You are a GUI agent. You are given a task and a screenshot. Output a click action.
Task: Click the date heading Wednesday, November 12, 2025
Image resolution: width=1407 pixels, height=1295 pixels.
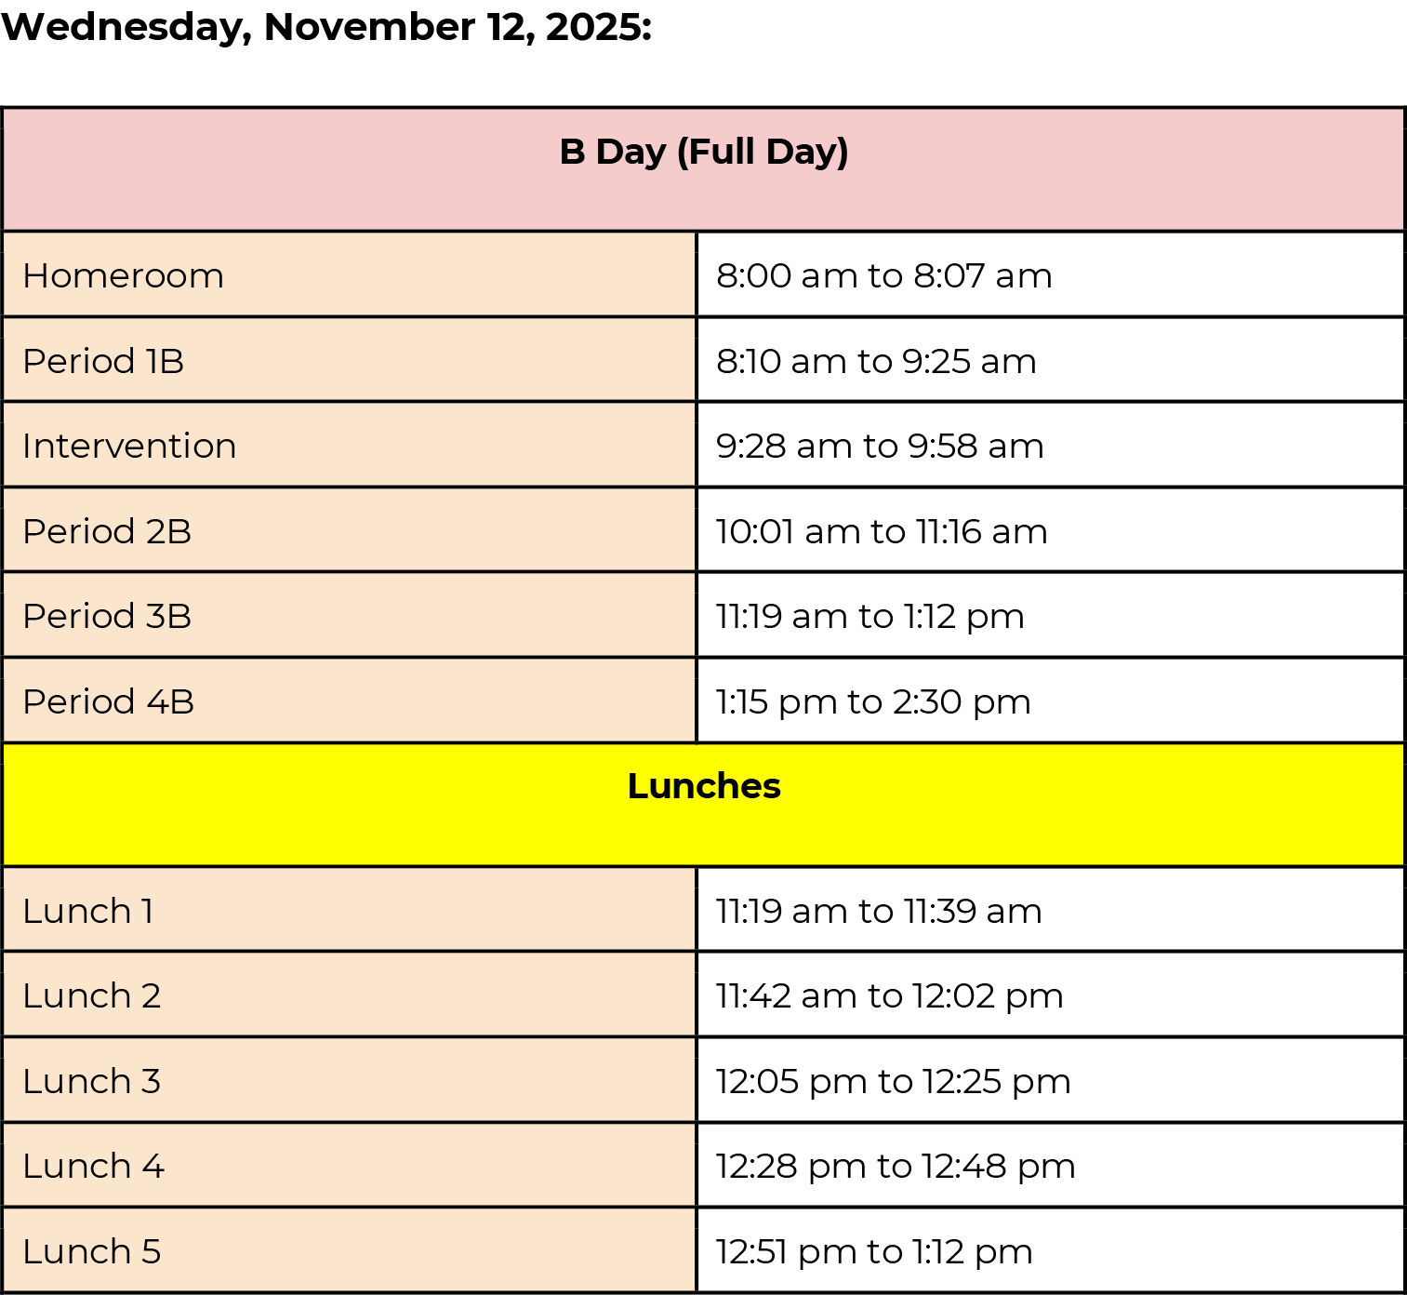tap(326, 28)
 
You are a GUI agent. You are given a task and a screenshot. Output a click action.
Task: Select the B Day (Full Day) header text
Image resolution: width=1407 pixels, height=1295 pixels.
tap(703, 153)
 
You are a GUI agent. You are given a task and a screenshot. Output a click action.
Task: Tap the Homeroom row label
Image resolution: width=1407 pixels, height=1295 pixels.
tap(123, 275)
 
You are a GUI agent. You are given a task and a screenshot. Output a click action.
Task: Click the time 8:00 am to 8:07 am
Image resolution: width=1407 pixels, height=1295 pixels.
tap(883, 275)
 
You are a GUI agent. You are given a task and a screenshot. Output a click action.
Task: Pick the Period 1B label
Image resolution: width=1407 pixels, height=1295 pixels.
tap(103, 361)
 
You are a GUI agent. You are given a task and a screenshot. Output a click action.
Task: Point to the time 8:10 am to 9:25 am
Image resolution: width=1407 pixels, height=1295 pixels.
tap(876, 361)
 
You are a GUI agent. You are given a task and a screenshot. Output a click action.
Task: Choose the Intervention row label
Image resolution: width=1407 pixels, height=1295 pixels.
tap(129, 446)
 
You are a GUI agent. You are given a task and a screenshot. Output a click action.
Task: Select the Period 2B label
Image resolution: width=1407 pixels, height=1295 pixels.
tap(107, 530)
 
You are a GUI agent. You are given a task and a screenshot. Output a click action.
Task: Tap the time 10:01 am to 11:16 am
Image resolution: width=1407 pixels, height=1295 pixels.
tap(882, 530)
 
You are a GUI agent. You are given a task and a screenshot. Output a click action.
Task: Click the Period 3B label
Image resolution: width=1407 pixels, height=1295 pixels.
tap(107, 616)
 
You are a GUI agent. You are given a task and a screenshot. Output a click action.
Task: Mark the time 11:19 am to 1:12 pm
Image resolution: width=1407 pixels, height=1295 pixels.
tap(869, 617)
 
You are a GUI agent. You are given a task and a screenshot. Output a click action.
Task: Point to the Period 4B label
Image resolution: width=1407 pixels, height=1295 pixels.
tap(108, 701)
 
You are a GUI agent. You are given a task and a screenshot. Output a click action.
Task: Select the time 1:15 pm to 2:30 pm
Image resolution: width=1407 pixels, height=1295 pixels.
tap(873, 702)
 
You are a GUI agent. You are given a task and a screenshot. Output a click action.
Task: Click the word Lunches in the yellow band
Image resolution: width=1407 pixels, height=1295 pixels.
tap(703, 785)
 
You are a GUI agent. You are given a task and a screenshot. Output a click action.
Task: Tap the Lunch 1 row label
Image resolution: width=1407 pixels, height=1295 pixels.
tap(87, 911)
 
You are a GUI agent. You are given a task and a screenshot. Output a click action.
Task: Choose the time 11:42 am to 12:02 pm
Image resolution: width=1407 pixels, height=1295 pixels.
tap(889, 996)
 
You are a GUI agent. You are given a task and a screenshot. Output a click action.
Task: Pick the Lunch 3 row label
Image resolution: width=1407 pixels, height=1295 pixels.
tap(92, 1080)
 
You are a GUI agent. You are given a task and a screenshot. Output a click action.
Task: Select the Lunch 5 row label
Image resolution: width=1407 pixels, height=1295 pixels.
tap(92, 1250)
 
